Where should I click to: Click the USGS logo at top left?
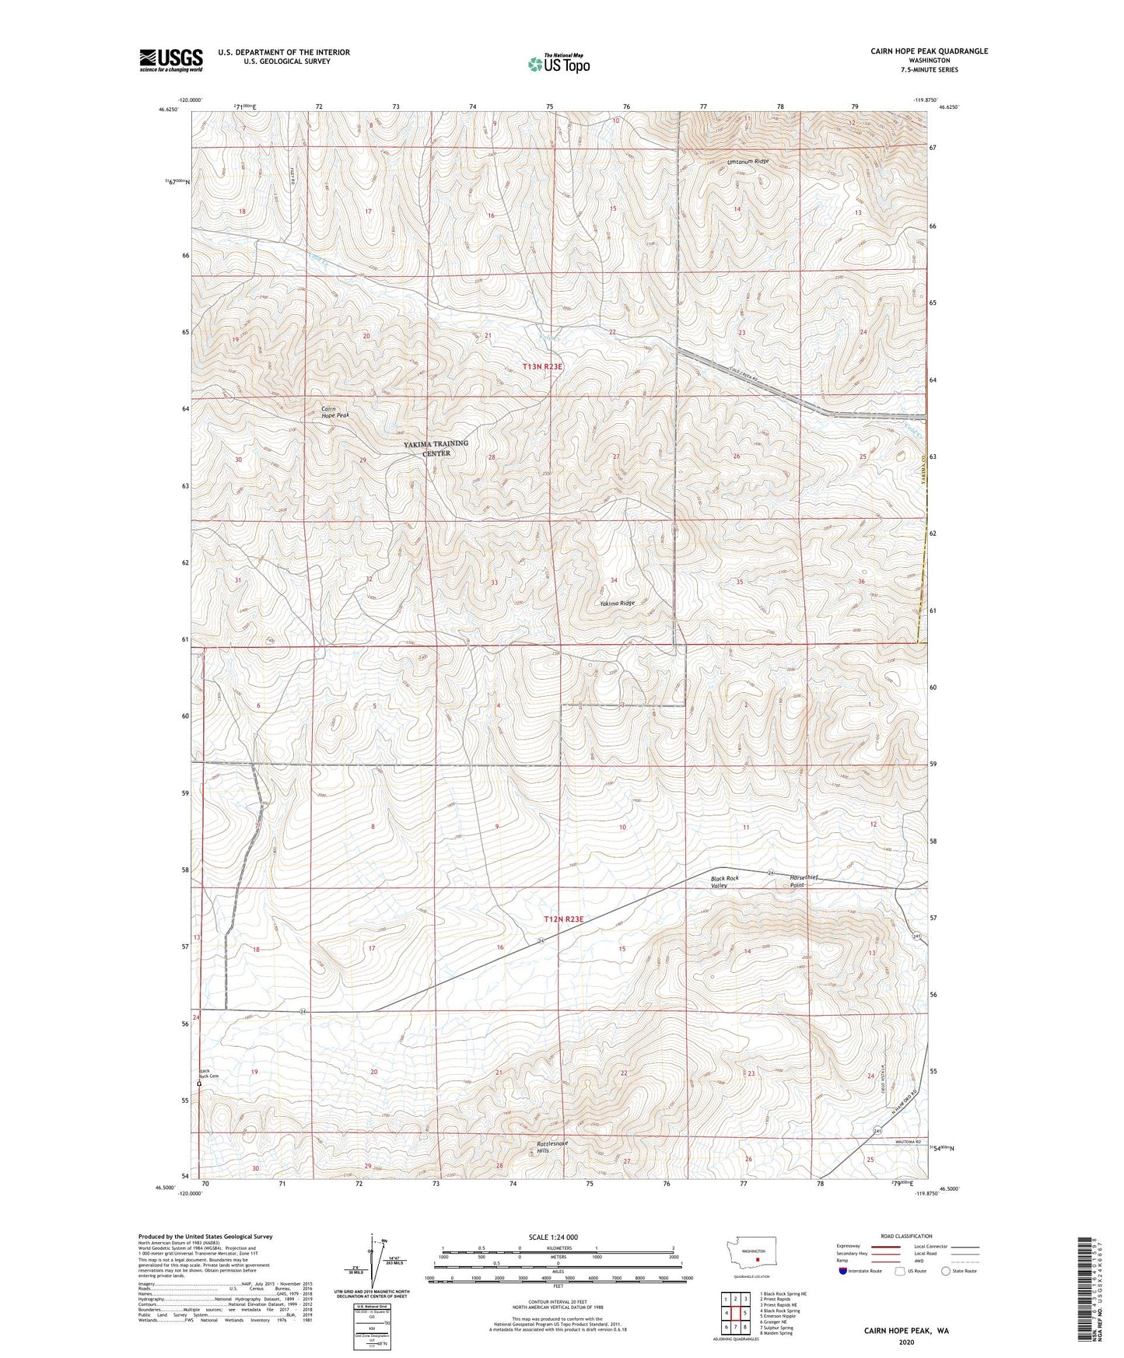pyautogui.click(x=171, y=60)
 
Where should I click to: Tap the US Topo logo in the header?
pyautogui.click(x=558, y=65)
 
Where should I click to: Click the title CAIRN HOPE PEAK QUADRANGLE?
pyautogui.click(x=929, y=51)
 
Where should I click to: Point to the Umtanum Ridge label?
pyautogui.click(x=748, y=162)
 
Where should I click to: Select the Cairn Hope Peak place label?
pyautogui.click(x=335, y=412)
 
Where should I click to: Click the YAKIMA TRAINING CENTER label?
pyautogui.click(x=436, y=448)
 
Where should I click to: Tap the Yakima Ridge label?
pyautogui.click(x=617, y=604)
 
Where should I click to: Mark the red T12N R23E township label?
pyautogui.click(x=563, y=919)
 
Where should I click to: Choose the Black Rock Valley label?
pyautogui.click(x=724, y=881)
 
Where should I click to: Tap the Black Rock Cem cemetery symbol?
pyautogui.click(x=199, y=1083)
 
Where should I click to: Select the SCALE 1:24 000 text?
pyautogui.click(x=552, y=1237)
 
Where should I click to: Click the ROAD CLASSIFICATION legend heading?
pyautogui.click(x=906, y=1236)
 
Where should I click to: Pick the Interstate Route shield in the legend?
pyautogui.click(x=844, y=1271)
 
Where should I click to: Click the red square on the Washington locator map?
pyautogui.click(x=757, y=1262)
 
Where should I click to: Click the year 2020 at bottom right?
pyautogui.click(x=905, y=1342)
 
